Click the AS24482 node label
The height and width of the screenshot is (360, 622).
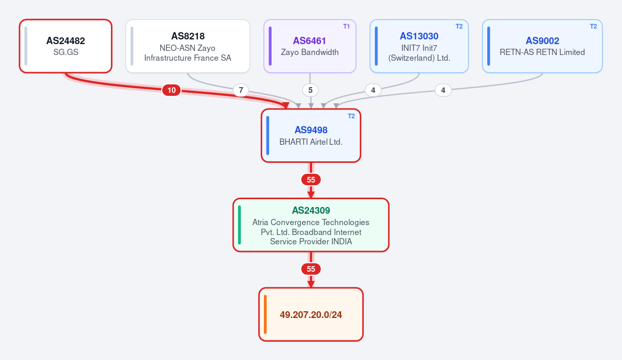(65, 41)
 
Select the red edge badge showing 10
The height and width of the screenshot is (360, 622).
(172, 90)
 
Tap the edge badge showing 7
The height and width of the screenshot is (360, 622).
(241, 90)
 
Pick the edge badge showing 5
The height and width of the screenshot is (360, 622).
(310, 90)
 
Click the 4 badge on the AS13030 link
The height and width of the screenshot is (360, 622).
(373, 90)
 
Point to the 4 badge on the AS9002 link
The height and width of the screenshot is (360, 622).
(443, 90)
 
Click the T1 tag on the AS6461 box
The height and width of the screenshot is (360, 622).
(346, 26)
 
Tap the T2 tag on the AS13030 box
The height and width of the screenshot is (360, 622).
(459, 26)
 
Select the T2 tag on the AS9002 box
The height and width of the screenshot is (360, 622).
(593, 26)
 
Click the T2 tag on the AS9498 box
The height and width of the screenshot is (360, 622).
(351, 116)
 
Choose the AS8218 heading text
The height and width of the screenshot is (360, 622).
(188, 36)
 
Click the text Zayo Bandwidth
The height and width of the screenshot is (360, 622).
(309, 52)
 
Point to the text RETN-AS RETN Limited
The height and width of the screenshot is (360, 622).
(542, 52)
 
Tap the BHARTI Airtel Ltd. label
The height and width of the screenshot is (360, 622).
(310, 142)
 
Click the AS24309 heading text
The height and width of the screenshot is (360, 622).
(310, 211)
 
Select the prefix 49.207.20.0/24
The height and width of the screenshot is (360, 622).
(310, 315)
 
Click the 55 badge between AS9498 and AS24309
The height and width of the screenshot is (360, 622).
(310, 179)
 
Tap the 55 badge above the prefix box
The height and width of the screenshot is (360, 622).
(310, 269)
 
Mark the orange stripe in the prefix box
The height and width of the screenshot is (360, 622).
(265, 314)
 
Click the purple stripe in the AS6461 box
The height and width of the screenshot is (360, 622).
(270, 46)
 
